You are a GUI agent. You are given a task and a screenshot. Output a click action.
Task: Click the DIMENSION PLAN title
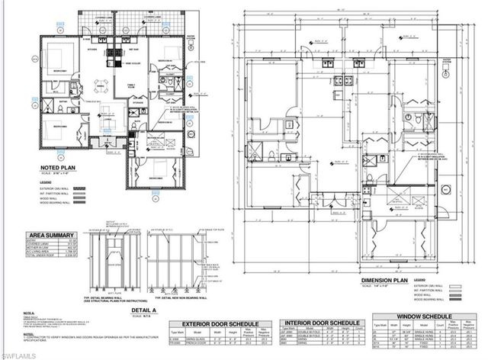pos(386,280)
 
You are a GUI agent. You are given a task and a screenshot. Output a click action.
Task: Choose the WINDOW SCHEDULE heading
pos(426,315)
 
